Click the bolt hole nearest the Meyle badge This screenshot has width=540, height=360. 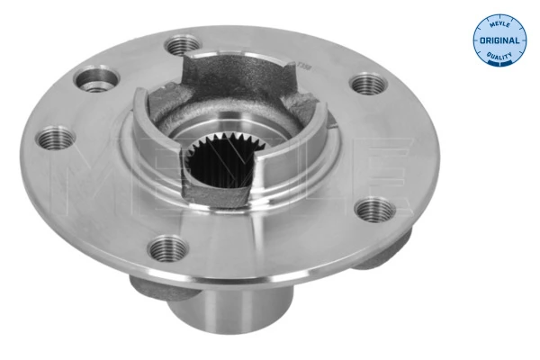tap(366, 84)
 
